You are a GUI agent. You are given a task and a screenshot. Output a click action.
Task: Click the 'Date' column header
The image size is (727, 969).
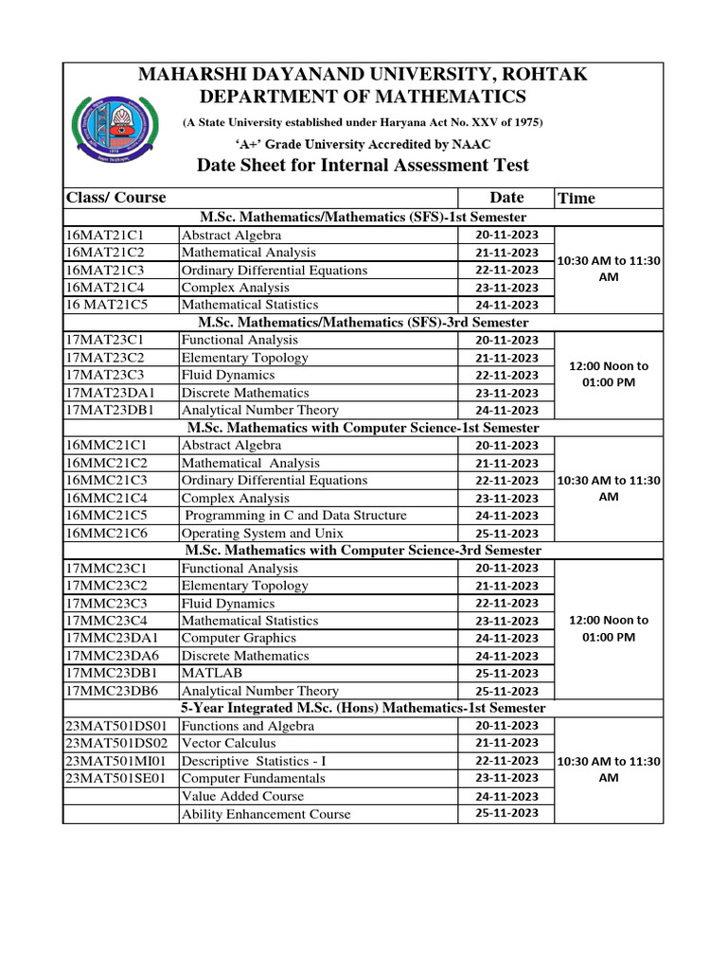(506, 198)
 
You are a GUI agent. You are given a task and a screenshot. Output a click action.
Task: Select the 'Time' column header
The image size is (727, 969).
(576, 198)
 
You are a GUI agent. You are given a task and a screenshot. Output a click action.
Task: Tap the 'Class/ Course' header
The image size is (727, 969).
(115, 198)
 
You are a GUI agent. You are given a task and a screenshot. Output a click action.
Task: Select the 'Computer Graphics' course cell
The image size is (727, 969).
(239, 639)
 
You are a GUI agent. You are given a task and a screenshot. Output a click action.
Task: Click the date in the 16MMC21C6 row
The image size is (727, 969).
(506, 534)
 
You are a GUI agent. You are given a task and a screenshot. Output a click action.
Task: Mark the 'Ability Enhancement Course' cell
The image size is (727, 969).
(265, 814)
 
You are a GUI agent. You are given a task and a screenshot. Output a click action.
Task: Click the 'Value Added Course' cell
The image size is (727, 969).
(242, 797)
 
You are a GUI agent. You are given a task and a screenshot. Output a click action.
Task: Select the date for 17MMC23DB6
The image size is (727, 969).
(506, 692)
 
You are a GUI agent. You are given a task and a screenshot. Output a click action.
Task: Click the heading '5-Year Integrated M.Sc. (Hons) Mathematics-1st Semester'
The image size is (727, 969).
(363, 709)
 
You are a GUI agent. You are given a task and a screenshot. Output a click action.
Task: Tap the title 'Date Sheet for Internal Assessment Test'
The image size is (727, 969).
(363, 166)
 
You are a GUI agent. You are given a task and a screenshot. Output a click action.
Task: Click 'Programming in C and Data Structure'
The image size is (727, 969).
(295, 516)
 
